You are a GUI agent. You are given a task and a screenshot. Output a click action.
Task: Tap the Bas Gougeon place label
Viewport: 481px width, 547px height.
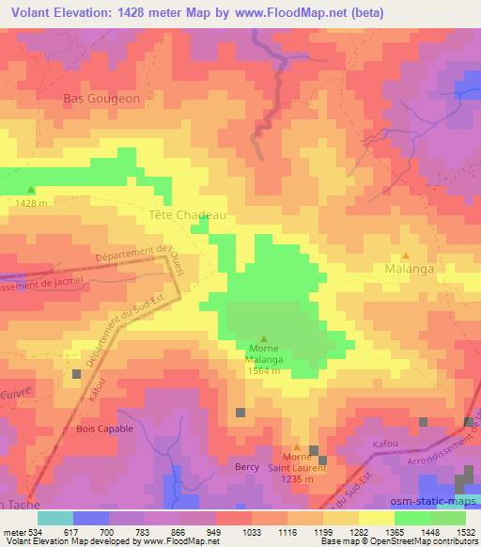pos(101,98)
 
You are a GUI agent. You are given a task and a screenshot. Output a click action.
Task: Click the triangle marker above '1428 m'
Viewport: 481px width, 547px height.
pos(31,190)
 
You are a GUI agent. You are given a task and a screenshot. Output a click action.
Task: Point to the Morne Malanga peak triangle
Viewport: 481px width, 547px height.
pos(263,339)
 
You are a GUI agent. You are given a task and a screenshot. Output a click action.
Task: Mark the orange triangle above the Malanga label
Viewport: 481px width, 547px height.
pos(406,255)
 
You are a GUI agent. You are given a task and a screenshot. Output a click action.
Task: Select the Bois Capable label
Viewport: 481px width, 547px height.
pos(104,428)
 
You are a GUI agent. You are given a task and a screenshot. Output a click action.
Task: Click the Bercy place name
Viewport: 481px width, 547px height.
pos(246,466)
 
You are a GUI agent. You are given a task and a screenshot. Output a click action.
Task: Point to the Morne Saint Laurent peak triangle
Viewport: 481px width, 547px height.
pos(297,447)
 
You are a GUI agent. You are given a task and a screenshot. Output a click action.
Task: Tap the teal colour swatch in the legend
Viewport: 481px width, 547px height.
pos(56,518)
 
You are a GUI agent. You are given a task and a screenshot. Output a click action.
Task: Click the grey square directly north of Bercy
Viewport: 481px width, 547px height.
pos(240,412)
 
